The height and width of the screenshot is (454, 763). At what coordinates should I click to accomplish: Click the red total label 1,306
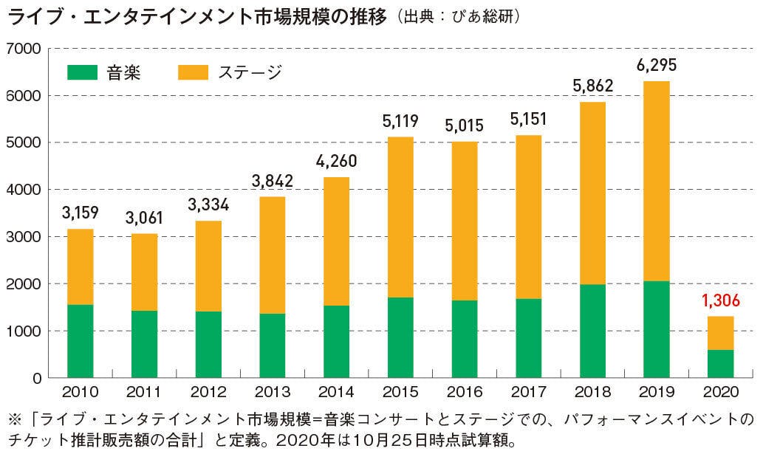721,301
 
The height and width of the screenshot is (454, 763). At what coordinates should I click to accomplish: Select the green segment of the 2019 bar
656,329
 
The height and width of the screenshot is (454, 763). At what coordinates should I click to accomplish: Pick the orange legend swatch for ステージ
192,72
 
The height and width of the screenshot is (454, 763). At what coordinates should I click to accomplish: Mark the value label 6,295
656,65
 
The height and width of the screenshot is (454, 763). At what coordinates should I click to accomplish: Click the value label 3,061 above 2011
145,219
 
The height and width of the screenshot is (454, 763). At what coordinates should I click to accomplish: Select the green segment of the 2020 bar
721,364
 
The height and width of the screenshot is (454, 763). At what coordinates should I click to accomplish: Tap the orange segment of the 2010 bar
80,266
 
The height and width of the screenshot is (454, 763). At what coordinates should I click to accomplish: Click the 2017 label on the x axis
529,392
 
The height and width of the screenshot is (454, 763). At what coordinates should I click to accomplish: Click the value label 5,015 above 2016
464,125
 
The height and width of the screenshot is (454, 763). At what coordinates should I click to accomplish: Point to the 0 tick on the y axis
35,378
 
